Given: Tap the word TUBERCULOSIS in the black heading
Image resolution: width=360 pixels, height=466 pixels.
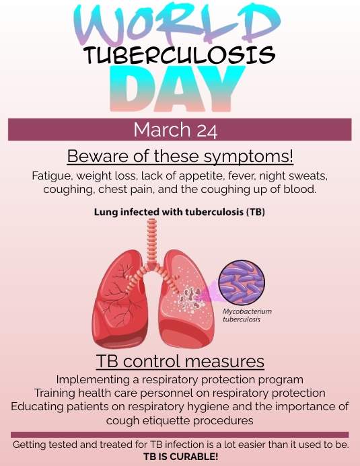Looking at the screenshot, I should [180, 55].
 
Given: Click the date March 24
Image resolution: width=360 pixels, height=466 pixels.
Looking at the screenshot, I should [180, 129].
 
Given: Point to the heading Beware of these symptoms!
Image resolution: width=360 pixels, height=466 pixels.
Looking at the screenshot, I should [180, 157].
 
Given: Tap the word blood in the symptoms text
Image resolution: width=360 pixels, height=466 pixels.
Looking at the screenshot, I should [298, 189].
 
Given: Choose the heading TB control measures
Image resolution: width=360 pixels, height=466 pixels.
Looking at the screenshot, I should [180, 360].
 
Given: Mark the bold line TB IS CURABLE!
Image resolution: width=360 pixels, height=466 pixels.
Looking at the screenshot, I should [180, 456].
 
